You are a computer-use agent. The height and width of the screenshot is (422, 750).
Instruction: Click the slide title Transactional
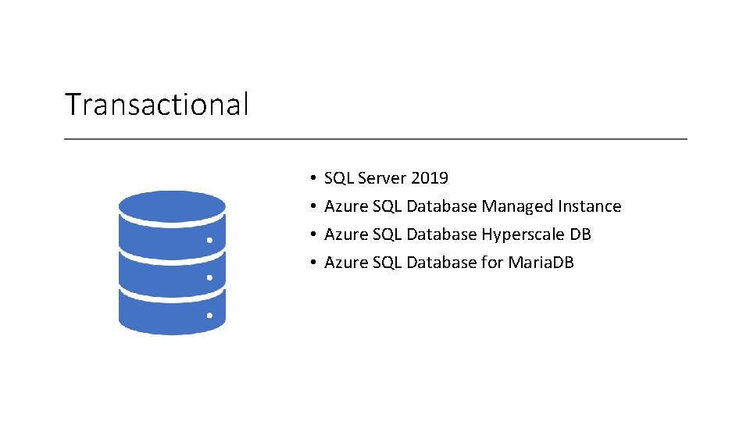point(156,104)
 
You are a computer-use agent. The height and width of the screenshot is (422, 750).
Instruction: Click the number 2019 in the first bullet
point(430,178)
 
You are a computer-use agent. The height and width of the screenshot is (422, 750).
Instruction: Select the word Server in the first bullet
point(382,178)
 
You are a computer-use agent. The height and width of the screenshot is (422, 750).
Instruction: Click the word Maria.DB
point(541,263)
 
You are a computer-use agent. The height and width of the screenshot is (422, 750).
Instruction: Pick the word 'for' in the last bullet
point(492,263)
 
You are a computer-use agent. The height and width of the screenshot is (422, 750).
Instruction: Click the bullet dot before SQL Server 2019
point(311,179)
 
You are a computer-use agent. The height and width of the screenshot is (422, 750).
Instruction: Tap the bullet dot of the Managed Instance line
point(311,207)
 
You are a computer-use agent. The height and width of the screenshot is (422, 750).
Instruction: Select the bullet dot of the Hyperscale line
point(311,235)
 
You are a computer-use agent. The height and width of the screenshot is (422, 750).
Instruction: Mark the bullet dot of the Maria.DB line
point(311,263)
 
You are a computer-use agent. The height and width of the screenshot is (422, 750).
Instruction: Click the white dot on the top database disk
point(209,241)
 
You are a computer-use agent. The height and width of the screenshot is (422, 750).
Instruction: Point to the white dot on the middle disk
point(209,277)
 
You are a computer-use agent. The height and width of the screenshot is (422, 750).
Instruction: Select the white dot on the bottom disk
point(209,316)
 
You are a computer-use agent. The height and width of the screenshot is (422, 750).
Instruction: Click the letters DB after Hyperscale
point(580,234)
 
